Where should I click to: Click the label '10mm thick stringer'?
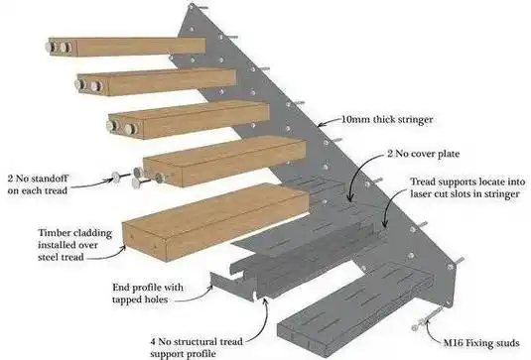coord(387,119)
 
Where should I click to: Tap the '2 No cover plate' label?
coord(424,154)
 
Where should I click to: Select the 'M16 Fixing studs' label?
coord(481,343)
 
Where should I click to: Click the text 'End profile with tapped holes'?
coord(148,294)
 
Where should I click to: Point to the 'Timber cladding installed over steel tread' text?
coord(74,245)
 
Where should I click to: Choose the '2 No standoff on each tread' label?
coord(38,184)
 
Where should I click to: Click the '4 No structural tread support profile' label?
coord(197,347)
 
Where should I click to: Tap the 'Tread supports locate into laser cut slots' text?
coord(468,187)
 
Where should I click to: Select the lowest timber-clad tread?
coord(215,221)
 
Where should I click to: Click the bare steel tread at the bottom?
coord(355,310)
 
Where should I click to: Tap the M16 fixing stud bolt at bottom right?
coord(428,318)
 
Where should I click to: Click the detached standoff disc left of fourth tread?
coord(116,177)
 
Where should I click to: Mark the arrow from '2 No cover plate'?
coord(359,171)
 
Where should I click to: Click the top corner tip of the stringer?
coord(192,4)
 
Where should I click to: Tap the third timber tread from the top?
coord(189,120)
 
